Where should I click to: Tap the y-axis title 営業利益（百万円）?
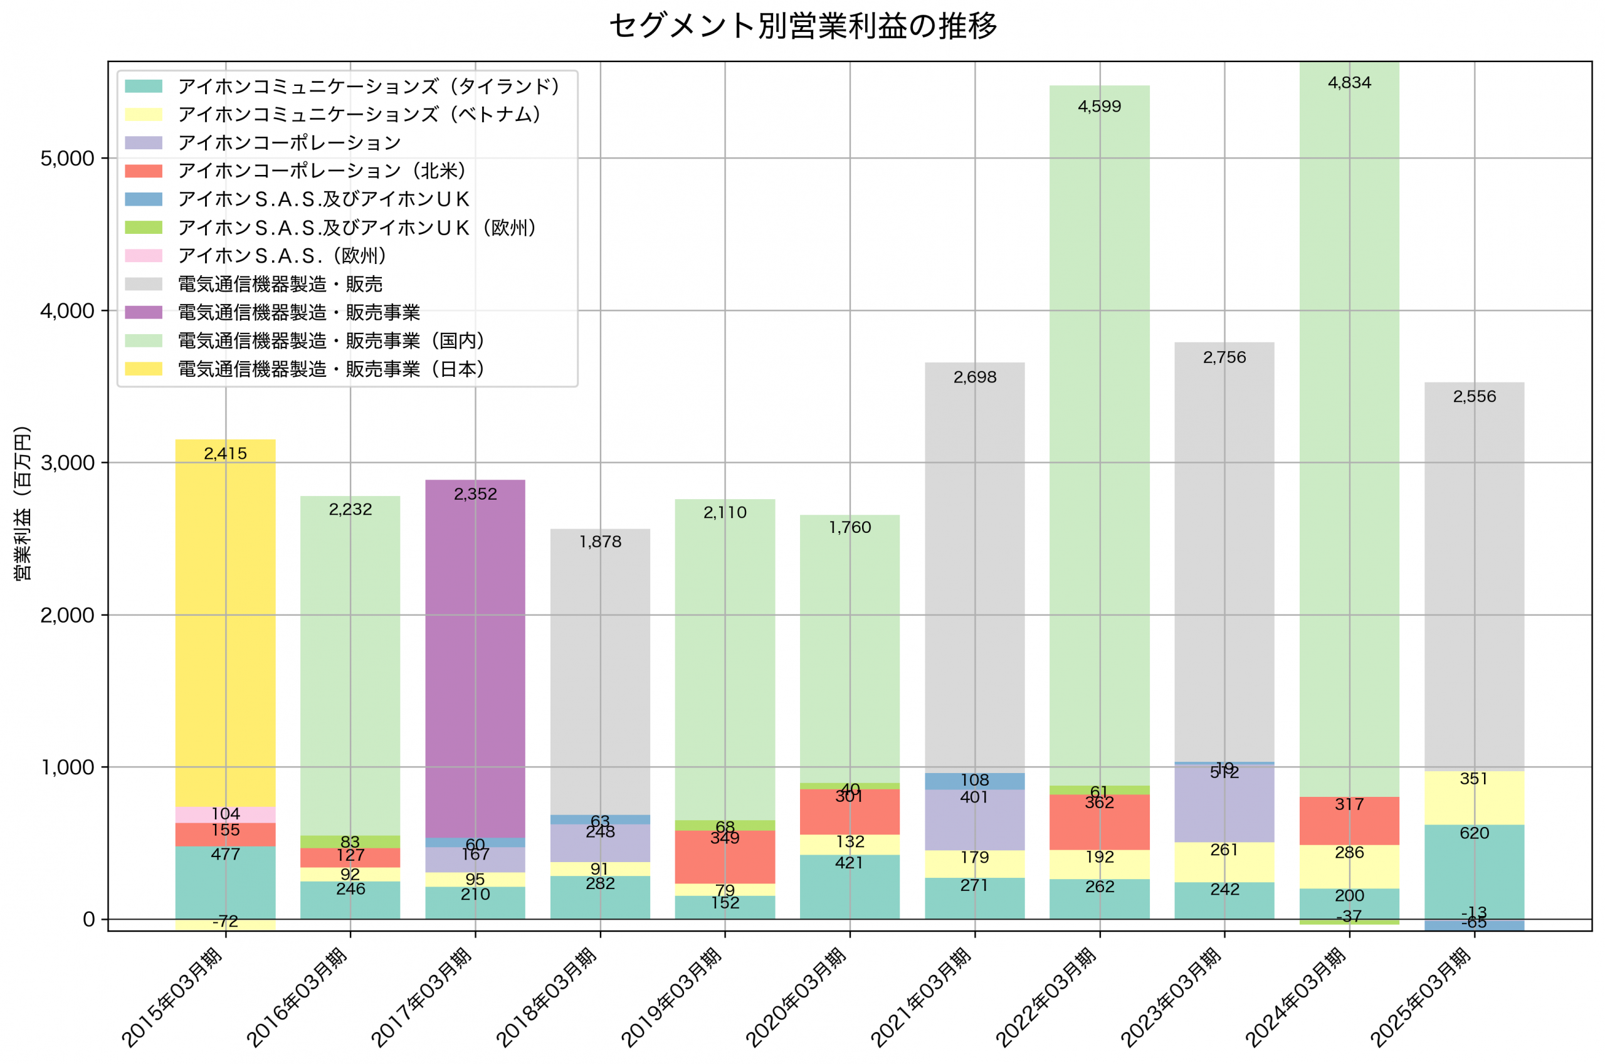(x=23, y=503)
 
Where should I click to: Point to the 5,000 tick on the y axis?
(x=67, y=159)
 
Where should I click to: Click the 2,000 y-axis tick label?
(x=67, y=616)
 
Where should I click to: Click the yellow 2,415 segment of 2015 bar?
(x=225, y=631)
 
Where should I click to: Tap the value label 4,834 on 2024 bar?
(x=1349, y=83)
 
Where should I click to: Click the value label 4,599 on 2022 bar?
(x=1099, y=107)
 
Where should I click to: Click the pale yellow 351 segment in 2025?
(x=1473, y=798)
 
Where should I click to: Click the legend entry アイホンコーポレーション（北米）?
(x=322, y=171)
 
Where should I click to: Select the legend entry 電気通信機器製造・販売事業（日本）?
(x=330, y=369)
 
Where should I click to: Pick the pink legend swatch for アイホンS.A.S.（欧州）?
(x=143, y=256)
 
